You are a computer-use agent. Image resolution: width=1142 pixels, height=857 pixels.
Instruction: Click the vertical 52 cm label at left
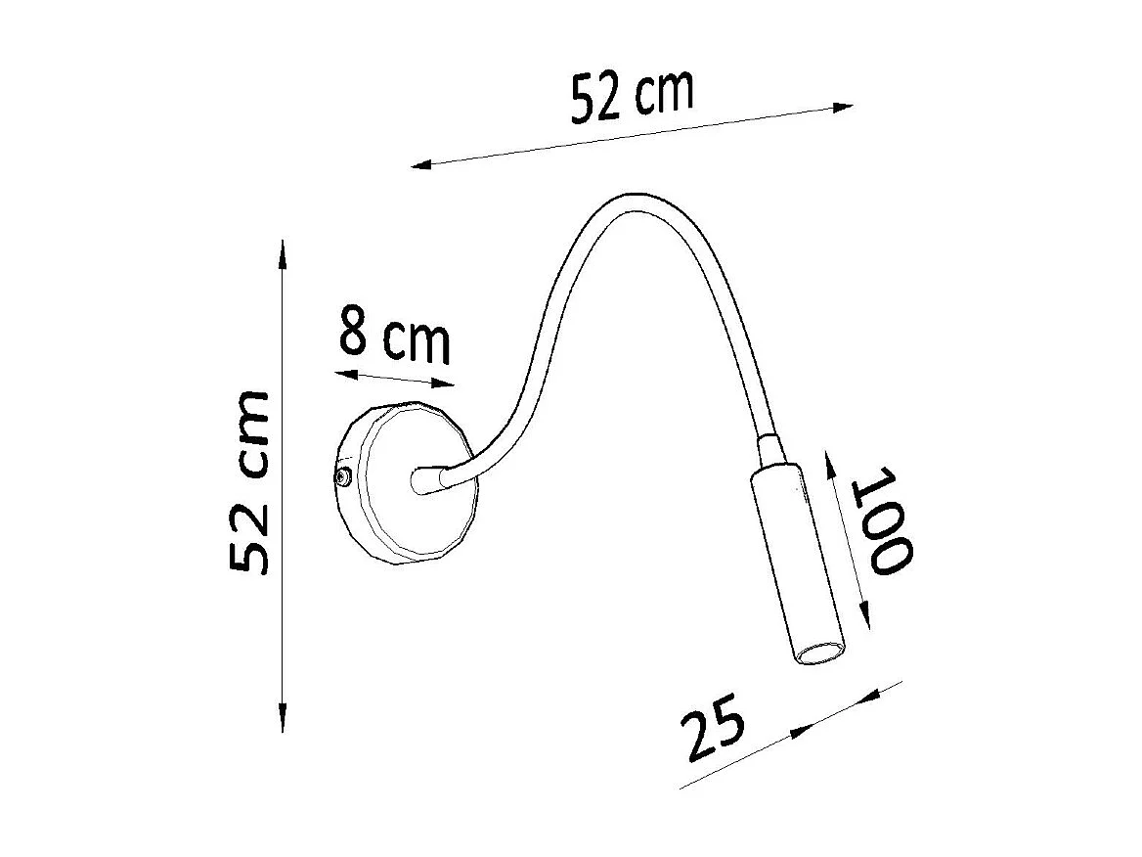pos(250,481)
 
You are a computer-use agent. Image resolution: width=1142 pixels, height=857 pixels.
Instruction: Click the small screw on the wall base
pos(343,477)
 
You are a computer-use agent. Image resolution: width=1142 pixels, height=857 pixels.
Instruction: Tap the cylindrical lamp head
pos(799,563)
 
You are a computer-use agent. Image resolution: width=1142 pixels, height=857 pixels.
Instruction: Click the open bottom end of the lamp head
pos(819,653)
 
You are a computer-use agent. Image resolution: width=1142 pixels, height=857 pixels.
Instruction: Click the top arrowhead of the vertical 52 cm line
pos(282,250)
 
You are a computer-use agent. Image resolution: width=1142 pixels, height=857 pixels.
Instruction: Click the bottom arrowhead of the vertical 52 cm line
pos(282,721)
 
